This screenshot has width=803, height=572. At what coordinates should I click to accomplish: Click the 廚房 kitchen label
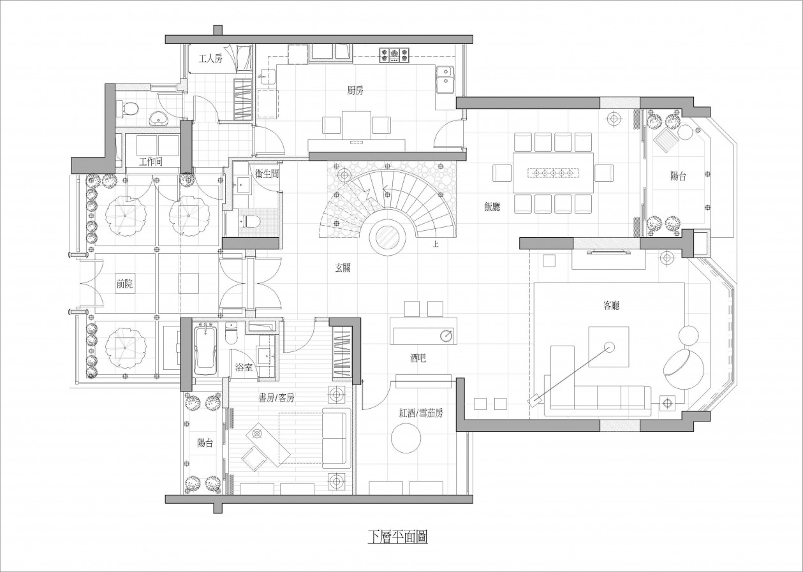coord(355,91)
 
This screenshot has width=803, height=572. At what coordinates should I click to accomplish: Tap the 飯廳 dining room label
coord(492,207)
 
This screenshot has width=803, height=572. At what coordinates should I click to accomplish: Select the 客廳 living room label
coord(612,305)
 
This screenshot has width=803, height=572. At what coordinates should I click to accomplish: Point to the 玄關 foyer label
coord(343,268)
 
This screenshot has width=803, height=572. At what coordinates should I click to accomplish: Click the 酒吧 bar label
coord(418,358)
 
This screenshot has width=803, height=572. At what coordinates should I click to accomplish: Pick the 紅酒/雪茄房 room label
coord(421,413)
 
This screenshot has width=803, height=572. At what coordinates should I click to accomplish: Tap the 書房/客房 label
coord(277,397)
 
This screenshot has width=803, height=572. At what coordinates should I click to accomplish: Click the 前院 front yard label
coord(124,284)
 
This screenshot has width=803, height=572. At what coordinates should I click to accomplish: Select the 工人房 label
coord(210,59)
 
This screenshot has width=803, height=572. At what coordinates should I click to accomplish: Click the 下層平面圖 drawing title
coord(398,547)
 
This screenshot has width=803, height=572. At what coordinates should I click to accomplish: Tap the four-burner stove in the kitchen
coord(394,56)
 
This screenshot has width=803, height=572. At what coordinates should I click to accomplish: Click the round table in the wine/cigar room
coord(406,438)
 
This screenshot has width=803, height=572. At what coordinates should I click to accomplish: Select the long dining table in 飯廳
coord(553,173)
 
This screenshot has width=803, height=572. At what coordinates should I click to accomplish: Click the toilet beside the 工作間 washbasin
coord(127,108)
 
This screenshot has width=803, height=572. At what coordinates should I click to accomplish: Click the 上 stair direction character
coord(436,245)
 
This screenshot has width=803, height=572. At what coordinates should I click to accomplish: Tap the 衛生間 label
coord(267,173)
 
